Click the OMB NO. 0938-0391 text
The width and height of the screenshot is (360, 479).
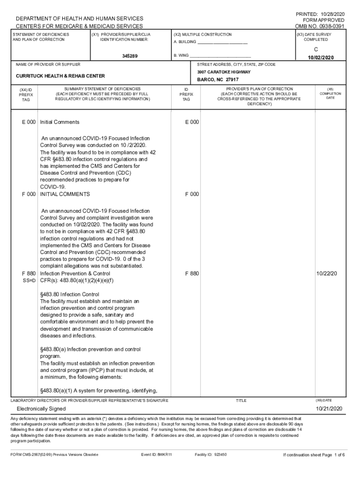point(320,27)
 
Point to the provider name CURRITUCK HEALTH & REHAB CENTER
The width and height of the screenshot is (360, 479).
point(60,76)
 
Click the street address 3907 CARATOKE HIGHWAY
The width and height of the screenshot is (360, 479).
point(223,72)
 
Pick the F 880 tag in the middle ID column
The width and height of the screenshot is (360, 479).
point(192,273)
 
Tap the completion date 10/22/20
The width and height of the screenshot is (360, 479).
point(326,273)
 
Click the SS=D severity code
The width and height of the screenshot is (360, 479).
point(30,281)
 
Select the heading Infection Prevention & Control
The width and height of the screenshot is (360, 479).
point(75,273)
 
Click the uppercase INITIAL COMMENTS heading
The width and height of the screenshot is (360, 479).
point(65,194)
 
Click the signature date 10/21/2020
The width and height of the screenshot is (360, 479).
point(329,409)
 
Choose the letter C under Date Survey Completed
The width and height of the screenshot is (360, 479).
point(316,49)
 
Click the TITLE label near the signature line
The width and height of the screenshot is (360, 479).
point(241,400)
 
